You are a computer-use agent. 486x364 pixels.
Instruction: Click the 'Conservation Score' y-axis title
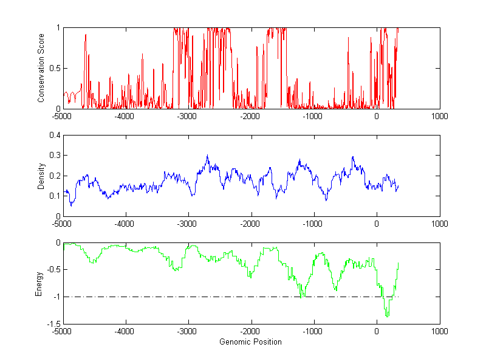41,68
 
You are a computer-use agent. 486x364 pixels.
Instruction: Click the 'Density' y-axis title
41,176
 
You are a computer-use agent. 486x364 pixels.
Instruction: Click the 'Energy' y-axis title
39,283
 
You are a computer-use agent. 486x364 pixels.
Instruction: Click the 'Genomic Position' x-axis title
250,342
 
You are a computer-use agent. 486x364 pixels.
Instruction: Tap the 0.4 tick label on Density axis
54,136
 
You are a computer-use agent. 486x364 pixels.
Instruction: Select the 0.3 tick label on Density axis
54,156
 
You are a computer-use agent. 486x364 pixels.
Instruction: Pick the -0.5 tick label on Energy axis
52,270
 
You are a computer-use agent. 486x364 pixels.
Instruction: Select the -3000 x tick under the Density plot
188,224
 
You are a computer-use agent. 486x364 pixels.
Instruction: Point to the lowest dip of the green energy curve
387,315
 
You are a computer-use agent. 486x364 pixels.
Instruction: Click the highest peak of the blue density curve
207,156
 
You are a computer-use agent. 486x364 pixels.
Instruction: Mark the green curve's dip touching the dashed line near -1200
302,296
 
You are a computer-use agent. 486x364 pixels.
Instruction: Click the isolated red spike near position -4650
86,35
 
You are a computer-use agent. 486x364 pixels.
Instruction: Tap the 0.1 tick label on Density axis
54,196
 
